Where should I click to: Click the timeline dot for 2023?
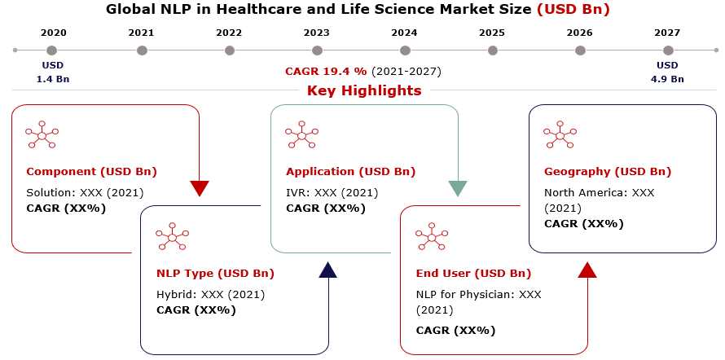point(317,50)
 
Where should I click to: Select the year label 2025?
point(492,33)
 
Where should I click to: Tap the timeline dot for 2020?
point(52,50)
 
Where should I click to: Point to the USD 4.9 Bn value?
point(667,72)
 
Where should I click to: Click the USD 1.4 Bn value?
point(53,72)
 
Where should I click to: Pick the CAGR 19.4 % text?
point(326,72)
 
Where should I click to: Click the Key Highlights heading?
point(364,90)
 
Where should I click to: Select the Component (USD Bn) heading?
point(91,172)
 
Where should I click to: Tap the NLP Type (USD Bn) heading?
point(216,274)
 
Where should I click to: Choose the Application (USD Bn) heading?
point(351,172)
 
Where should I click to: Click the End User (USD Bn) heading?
point(474,274)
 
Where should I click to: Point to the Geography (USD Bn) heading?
point(608,172)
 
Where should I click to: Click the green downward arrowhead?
point(458,188)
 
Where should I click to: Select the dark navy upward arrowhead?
point(328,270)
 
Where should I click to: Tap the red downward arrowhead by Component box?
point(200,188)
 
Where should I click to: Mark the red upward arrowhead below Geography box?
point(587,270)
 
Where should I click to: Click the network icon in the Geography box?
point(560,135)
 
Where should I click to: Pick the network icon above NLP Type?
point(172,237)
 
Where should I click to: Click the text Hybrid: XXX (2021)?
point(211,294)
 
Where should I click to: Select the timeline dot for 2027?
point(668,50)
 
